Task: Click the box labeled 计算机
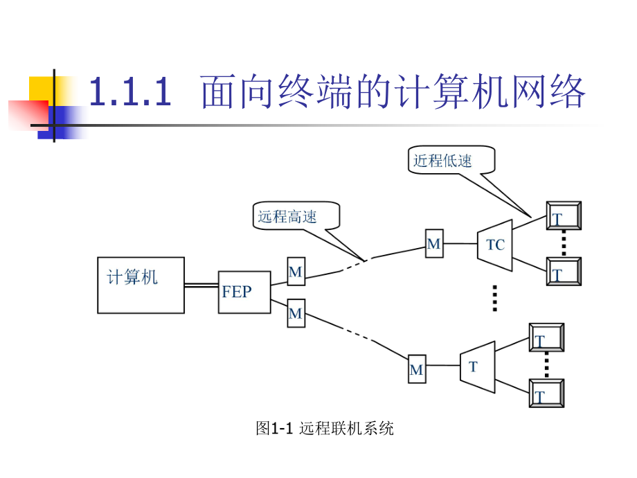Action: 141,285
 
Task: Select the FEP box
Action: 244,292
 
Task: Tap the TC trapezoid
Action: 495,244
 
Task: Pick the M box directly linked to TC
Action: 434,244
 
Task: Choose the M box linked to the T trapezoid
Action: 416,369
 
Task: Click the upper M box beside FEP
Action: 296,272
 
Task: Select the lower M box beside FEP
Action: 296,313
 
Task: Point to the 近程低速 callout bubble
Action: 451,160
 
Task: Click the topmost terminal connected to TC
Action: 563,216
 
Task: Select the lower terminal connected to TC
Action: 563,271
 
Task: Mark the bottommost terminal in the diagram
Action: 546,393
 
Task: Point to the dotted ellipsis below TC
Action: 494,298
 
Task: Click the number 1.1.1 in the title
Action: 131,93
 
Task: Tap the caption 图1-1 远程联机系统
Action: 325,429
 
